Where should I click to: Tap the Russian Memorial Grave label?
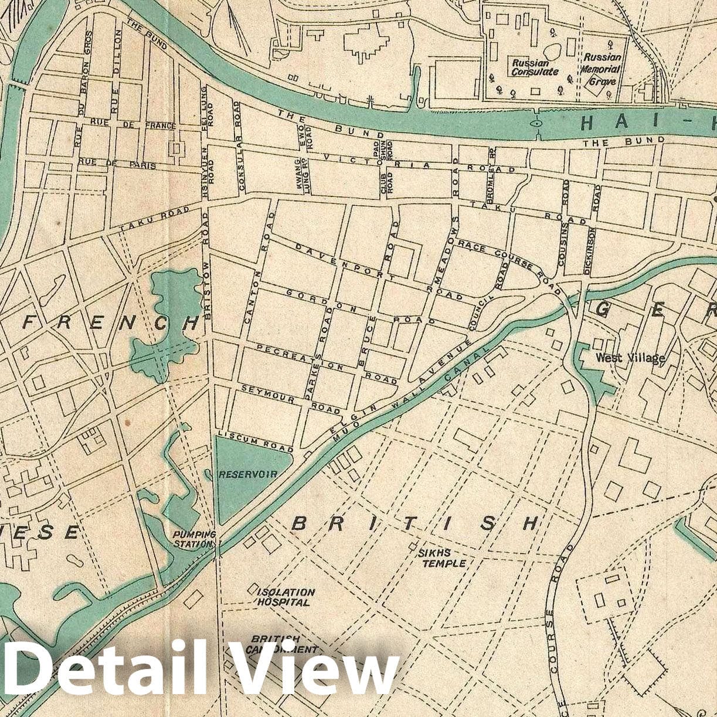[602, 69]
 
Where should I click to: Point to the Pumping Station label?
[194, 539]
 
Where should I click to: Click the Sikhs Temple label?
[443, 558]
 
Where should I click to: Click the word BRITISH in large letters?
[414, 524]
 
